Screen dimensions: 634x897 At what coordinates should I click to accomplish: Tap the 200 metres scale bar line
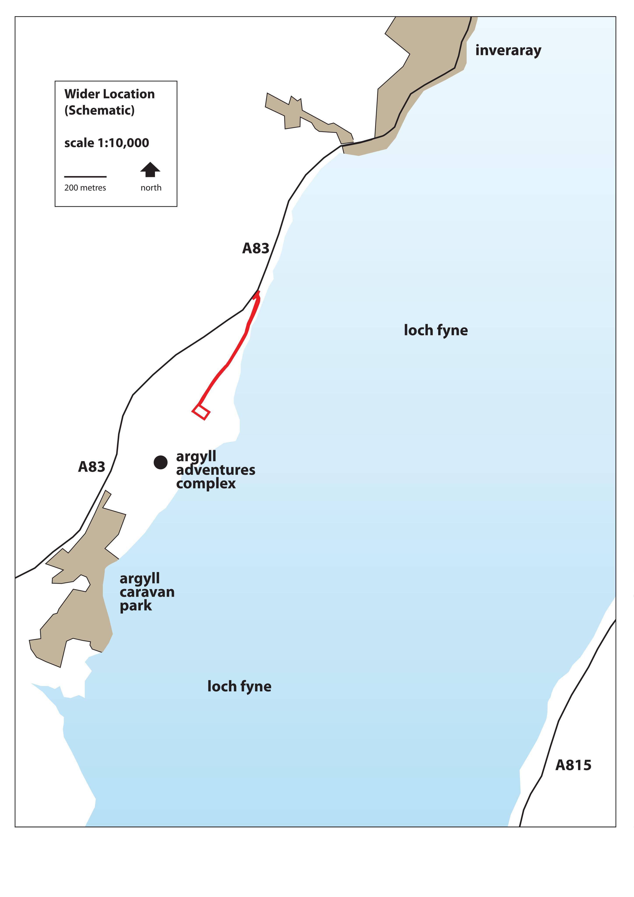click(86, 177)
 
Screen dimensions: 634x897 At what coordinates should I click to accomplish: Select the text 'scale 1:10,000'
click(107, 143)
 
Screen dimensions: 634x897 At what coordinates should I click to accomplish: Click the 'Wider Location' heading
click(110, 94)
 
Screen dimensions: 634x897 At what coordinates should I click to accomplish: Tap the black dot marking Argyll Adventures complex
click(160, 463)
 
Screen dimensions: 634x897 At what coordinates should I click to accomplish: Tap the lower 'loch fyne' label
click(239, 686)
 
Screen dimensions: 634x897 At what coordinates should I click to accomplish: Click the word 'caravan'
click(147, 592)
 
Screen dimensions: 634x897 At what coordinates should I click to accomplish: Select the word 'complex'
click(206, 484)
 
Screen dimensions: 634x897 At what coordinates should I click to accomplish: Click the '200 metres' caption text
click(85, 188)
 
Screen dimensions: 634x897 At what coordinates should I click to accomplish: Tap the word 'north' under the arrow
click(151, 188)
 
